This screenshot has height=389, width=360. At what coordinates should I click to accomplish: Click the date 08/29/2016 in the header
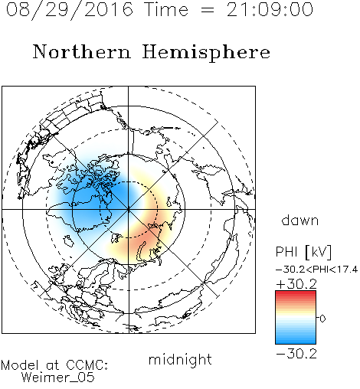pyautogui.click(x=70, y=10)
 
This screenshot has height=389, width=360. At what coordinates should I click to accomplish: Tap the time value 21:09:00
pyautogui.click(x=270, y=9)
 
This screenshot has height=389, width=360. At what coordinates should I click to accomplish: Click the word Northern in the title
pyautogui.click(x=82, y=51)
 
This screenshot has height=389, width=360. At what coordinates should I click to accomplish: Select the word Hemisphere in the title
pyautogui.click(x=206, y=53)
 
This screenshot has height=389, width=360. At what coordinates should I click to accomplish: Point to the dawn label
pyautogui.click(x=300, y=220)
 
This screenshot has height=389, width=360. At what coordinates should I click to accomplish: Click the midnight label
pyautogui.click(x=180, y=359)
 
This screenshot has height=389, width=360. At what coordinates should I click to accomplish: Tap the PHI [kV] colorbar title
pyautogui.click(x=303, y=252)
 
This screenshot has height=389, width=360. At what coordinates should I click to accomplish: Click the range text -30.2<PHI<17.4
pyautogui.click(x=316, y=270)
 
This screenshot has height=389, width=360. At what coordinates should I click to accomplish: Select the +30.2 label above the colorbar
pyautogui.click(x=296, y=284)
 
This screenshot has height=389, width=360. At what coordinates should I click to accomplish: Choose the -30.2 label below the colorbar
pyautogui.click(x=296, y=354)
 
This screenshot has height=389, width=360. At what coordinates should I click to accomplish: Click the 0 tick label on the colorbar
pyautogui.click(x=322, y=319)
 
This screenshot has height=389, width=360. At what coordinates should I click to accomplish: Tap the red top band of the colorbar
pyautogui.click(x=296, y=293)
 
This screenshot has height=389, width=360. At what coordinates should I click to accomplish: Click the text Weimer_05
pyautogui.click(x=58, y=378)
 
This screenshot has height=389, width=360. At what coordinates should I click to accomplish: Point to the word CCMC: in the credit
pyautogui.click(x=87, y=365)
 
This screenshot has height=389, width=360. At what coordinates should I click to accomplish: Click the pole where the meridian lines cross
pyautogui.click(x=129, y=209)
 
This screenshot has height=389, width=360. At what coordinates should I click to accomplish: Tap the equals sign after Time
pyautogui.click(x=207, y=10)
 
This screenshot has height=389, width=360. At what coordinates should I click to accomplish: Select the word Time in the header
pyautogui.click(x=166, y=9)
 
